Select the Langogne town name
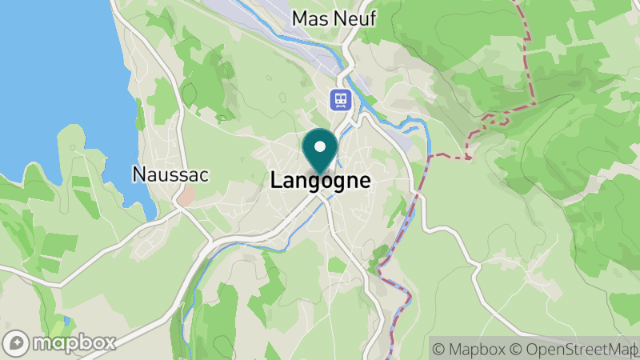(x=321, y=181)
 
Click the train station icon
(x=342, y=99)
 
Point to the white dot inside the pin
(x=320, y=146)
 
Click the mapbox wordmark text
(x=74, y=342)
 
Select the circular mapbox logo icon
(x=16, y=342)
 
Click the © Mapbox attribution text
(x=470, y=348)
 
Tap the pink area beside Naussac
(x=185, y=196)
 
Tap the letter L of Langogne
(x=276, y=181)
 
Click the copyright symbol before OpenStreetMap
(x=517, y=348)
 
